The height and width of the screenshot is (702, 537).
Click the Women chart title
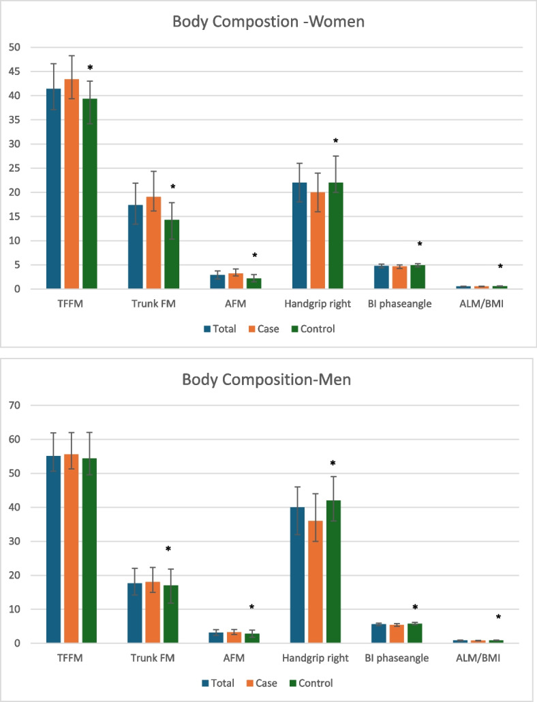pyautogui.click(x=268, y=22)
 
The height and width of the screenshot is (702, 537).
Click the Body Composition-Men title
pyautogui.click(x=266, y=380)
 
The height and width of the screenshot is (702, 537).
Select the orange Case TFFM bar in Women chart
pyautogui.click(x=72, y=184)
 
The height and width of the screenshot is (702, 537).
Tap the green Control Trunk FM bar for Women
pyautogui.click(x=172, y=254)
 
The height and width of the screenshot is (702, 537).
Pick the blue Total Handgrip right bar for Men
pyautogui.click(x=297, y=575)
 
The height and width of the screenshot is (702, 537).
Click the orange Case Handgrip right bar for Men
pyautogui.click(x=315, y=582)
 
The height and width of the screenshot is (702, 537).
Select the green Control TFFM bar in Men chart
pyautogui.click(x=89, y=551)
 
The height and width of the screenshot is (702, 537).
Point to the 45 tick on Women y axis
pyautogui.click(x=14, y=72)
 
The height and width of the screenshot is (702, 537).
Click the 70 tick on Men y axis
pyautogui.click(x=14, y=405)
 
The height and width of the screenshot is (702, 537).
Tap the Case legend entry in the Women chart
pyautogui.click(x=264, y=329)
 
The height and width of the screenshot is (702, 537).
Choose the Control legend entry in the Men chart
pyautogui.click(x=311, y=683)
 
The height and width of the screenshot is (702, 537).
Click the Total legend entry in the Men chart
pyautogui.click(x=218, y=683)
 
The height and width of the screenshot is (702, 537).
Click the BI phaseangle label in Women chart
pyautogui.click(x=399, y=304)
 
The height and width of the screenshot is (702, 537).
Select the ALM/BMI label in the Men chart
pyautogui.click(x=478, y=658)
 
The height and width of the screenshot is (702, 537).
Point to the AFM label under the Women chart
pyautogui.click(x=235, y=304)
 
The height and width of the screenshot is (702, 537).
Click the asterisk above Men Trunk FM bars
pyautogui.click(x=168, y=549)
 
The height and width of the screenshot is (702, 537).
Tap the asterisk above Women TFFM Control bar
pyautogui.click(x=90, y=68)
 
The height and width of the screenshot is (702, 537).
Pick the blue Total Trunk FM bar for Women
pyautogui.click(x=136, y=247)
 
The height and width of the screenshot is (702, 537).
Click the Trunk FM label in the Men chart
pyautogui.click(x=153, y=658)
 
